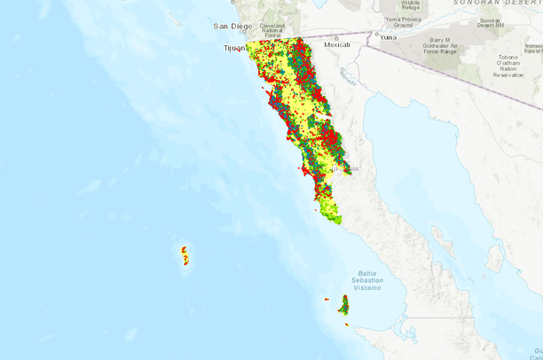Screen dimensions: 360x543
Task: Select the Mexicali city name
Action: tap(337, 44)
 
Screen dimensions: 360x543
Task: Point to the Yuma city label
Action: tap(388, 37)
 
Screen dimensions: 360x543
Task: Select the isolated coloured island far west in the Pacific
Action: tap(185, 255)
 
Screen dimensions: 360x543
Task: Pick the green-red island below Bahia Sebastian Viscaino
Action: tap(343, 306)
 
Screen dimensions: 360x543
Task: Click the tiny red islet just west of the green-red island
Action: tap(327, 300)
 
